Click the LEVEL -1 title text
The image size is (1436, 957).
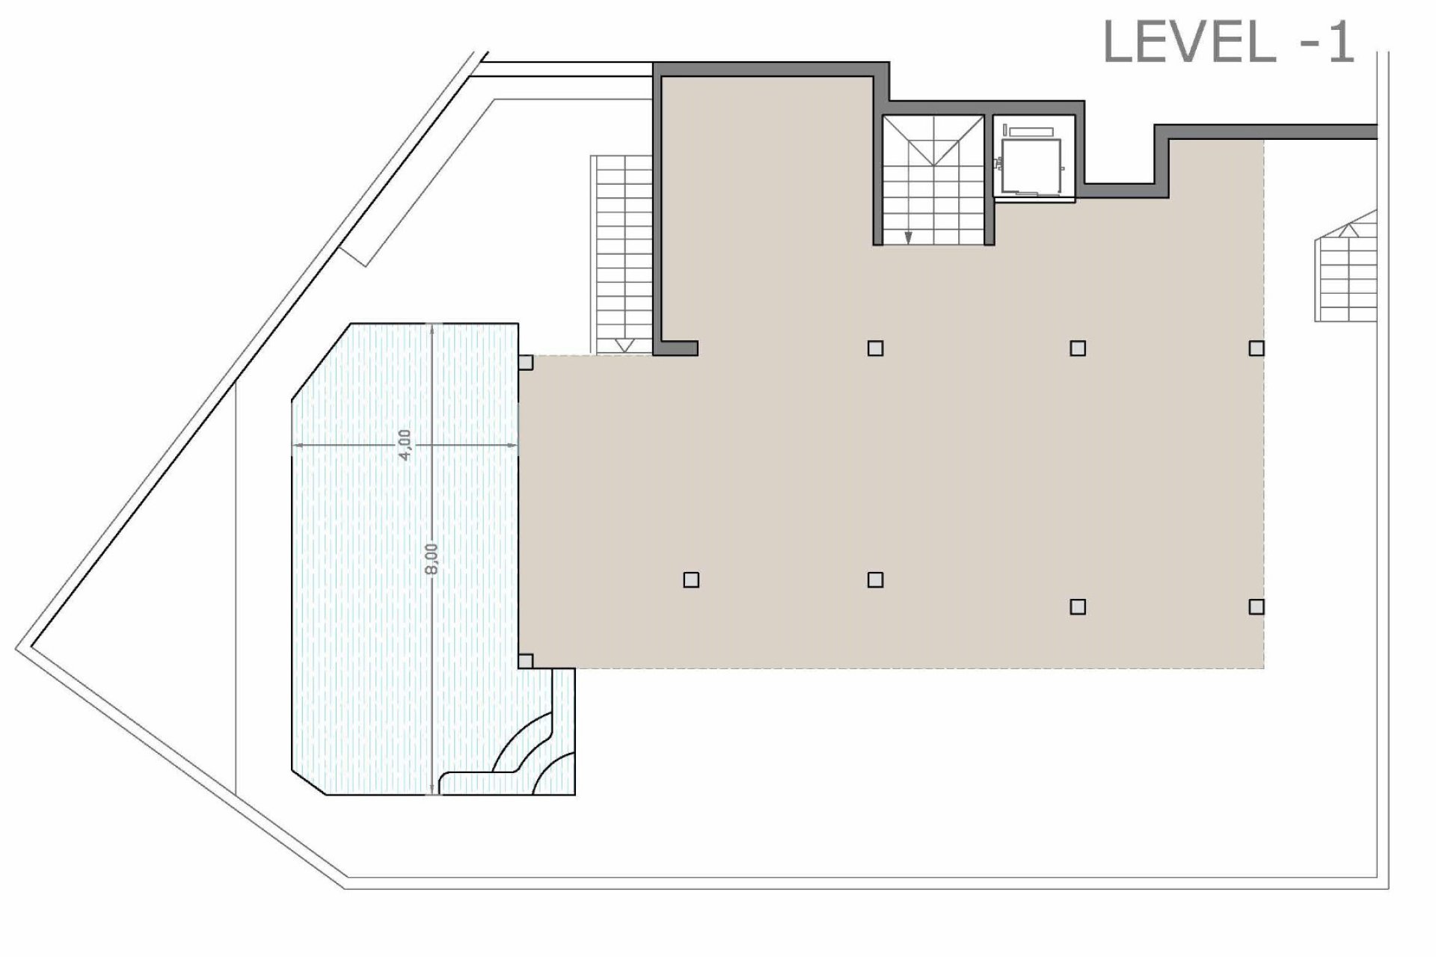1228,43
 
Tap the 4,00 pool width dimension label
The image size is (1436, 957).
404,444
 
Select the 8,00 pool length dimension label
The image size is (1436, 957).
432,559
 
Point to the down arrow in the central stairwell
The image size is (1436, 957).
908,237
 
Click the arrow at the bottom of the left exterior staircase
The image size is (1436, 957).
625,345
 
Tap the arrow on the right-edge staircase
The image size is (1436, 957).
1348,230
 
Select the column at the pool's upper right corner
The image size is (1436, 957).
526,363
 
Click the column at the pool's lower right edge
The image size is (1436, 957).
526,661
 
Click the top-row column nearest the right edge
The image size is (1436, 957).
1256,348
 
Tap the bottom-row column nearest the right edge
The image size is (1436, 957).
1256,606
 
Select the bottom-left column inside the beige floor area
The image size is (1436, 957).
691,580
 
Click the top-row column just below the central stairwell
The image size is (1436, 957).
875,348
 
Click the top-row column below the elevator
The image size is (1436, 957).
1078,348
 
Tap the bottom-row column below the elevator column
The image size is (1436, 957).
1078,606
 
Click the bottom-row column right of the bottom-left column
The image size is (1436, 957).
875,580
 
